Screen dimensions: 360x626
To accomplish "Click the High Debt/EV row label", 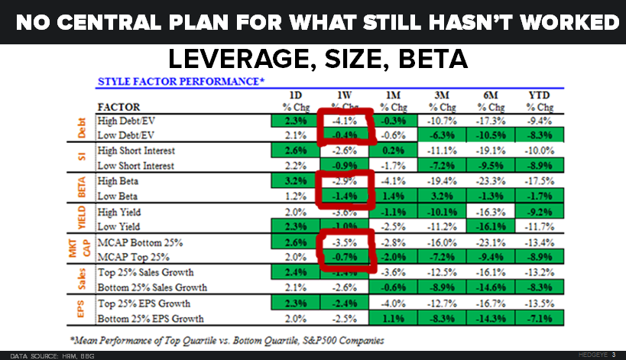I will (x=127, y=121).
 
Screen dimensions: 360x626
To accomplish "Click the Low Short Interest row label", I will (x=136, y=166).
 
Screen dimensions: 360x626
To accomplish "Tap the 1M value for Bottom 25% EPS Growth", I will (x=392, y=316).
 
